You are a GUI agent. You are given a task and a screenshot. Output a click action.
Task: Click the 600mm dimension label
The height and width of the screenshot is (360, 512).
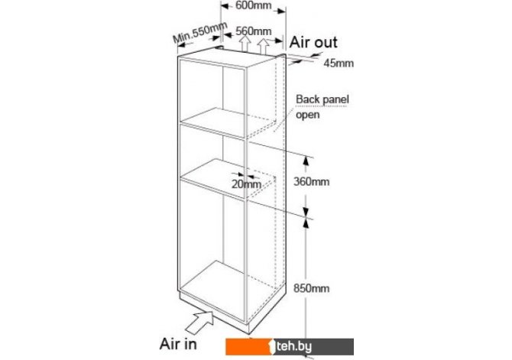click(x=253, y=6)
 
